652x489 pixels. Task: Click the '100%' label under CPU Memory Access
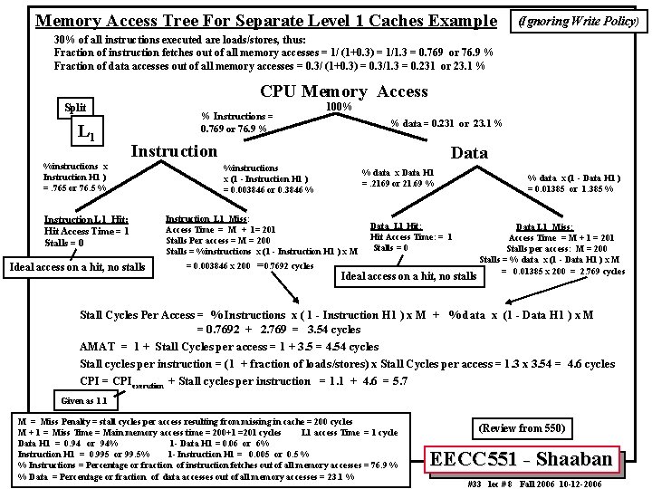click(338, 107)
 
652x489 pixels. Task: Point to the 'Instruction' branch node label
click(174, 150)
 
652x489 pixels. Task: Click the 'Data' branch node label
click(469, 153)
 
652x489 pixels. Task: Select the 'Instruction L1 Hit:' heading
click(86, 219)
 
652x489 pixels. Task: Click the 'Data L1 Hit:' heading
click(396, 225)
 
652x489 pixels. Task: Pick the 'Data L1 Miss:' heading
click(544, 227)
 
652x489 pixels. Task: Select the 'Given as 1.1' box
click(83, 399)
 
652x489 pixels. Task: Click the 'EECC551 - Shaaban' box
click(526, 459)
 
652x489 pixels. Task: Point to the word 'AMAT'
click(97, 346)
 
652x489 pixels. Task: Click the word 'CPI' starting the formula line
click(90, 380)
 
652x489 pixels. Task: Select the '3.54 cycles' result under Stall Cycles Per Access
click(332, 331)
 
